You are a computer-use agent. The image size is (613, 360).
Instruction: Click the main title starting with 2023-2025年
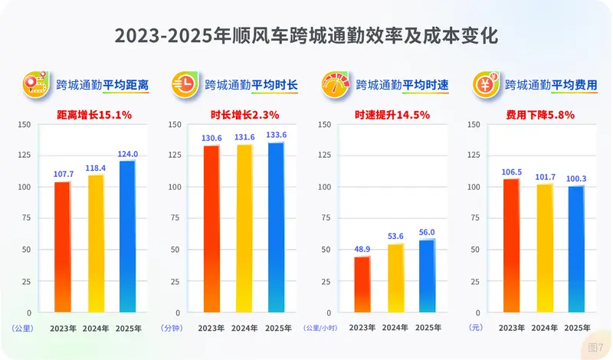[x=306, y=36]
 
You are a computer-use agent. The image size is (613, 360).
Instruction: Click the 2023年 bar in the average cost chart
[x=511, y=245]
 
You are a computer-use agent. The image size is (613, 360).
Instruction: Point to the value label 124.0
[x=127, y=153]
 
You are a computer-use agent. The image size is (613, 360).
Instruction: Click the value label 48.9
[x=362, y=250]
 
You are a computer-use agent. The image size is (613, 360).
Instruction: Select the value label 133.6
[x=277, y=135]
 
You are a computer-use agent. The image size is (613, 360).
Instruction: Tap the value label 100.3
[x=575, y=178]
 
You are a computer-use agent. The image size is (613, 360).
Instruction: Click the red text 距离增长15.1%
[x=95, y=115]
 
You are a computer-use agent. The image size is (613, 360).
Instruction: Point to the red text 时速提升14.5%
[x=392, y=115]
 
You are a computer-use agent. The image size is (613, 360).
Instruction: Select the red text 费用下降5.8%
[x=540, y=115]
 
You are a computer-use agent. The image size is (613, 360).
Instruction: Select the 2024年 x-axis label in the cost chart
[x=543, y=328]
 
